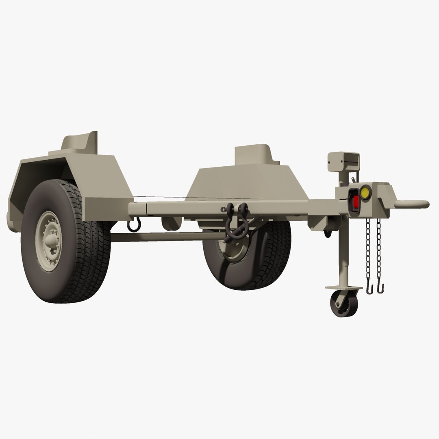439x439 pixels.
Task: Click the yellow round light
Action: [365, 192]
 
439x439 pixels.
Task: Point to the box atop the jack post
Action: [343, 161]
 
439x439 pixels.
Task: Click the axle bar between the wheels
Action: [163, 237]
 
